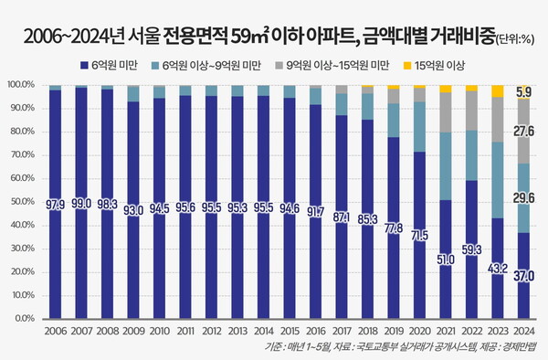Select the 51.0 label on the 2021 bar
[x=446, y=259]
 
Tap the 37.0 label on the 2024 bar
[x=523, y=275]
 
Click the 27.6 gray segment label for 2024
[x=523, y=132]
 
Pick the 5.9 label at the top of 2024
[x=523, y=91]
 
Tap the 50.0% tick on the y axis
[x=20, y=202]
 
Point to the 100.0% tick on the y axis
[x=20, y=84]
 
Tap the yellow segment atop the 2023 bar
[x=497, y=90]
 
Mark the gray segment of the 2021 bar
[x=446, y=112]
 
